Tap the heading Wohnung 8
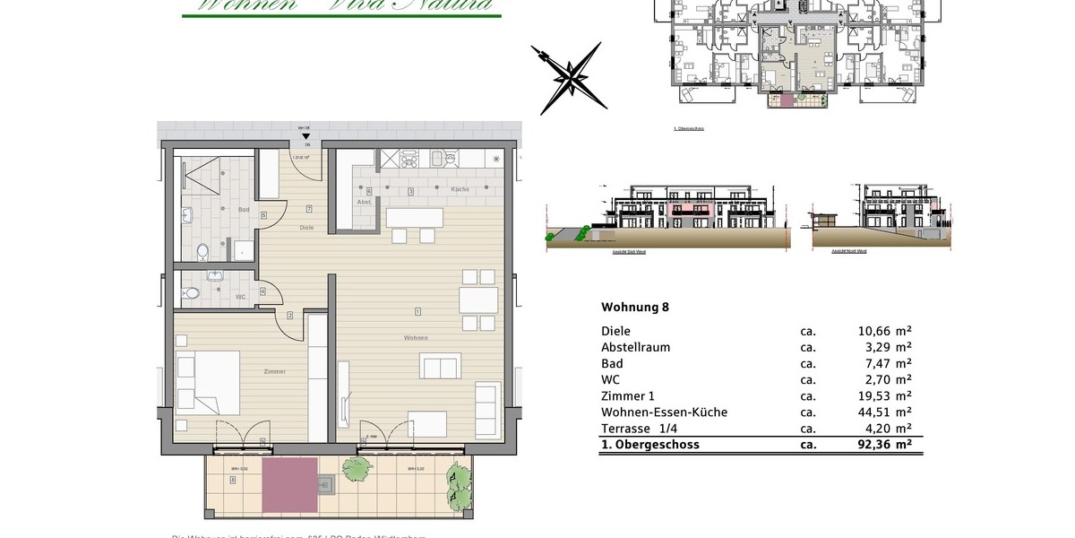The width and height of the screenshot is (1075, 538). pyautogui.click(x=634, y=307)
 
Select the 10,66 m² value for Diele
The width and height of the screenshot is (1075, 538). pyautogui.click(x=884, y=331)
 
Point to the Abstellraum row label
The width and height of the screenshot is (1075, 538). pyautogui.click(x=635, y=347)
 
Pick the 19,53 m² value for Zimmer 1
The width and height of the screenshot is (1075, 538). pyautogui.click(x=884, y=396)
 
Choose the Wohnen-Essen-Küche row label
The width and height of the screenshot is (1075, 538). pyautogui.click(x=664, y=412)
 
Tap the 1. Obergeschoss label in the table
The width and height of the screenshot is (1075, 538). pyautogui.click(x=650, y=445)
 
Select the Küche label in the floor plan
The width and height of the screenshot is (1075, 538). pyautogui.click(x=460, y=190)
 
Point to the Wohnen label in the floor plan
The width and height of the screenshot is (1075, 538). pyautogui.click(x=416, y=338)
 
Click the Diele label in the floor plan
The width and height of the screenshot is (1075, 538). pyautogui.click(x=306, y=227)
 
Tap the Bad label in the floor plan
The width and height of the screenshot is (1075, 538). pyautogui.click(x=243, y=210)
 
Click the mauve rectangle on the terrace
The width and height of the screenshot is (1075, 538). pyautogui.click(x=288, y=483)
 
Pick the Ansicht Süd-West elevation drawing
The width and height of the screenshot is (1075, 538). pyautogui.click(x=663, y=215)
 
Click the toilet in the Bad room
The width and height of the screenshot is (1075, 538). pyautogui.click(x=202, y=250)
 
